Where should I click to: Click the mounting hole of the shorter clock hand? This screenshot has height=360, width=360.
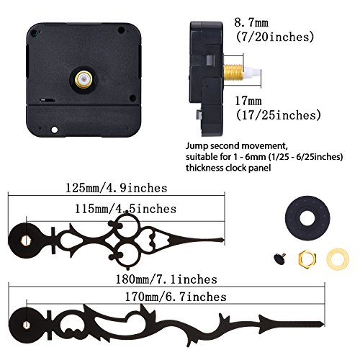(27, 234)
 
